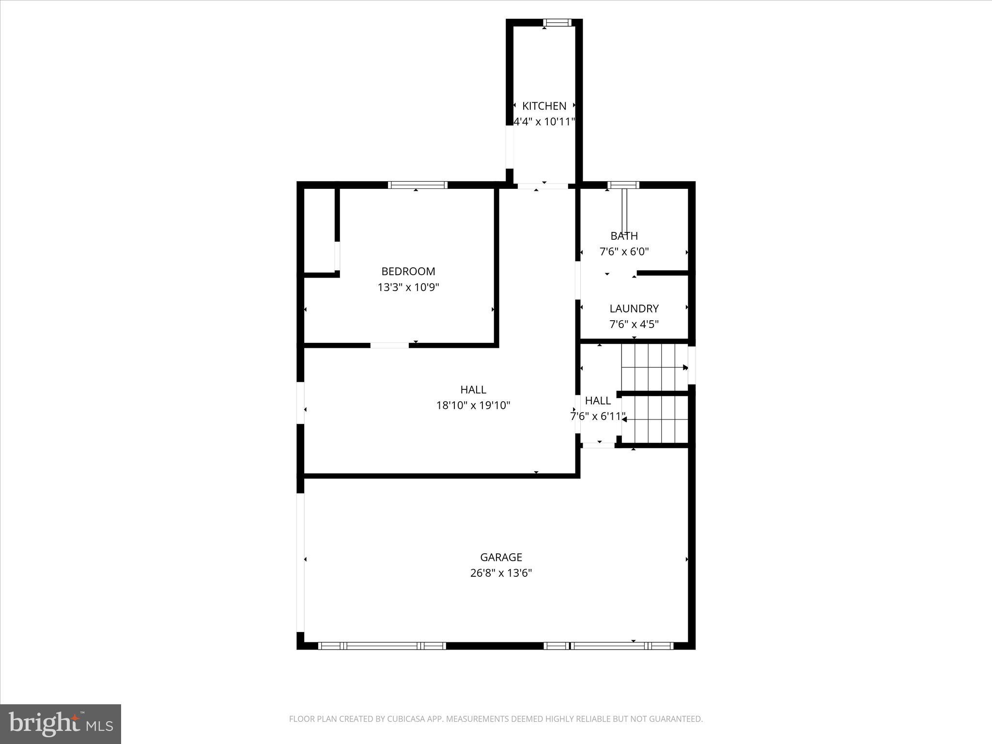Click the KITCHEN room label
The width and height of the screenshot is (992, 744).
pyautogui.click(x=544, y=106)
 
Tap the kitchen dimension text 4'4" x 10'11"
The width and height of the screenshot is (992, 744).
pyautogui.click(x=544, y=122)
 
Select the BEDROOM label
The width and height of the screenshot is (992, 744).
pyautogui.click(x=408, y=271)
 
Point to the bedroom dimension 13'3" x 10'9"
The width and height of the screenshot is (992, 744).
pyautogui.click(x=408, y=287)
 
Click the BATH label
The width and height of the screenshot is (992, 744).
pyautogui.click(x=624, y=236)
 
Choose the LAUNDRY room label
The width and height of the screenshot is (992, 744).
pyautogui.click(x=634, y=309)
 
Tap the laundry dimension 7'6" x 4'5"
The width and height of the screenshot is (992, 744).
pyautogui.click(x=634, y=324)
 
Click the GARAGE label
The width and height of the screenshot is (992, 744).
pyautogui.click(x=501, y=557)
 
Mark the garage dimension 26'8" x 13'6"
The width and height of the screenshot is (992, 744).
pyautogui.click(x=501, y=573)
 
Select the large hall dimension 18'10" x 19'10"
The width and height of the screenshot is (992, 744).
pyautogui.click(x=473, y=405)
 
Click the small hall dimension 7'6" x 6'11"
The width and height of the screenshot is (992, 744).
pyautogui.click(x=598, y=417)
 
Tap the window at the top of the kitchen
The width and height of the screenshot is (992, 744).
pyautogui.click(x=557, y=22)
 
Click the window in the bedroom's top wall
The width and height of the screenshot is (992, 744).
pyautogui.click(x=417, y=185)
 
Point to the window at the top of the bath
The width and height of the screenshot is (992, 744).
pyautogui.click(x=623, y=185)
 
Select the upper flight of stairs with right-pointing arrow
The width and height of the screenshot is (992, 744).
pyautogui.click(x=654, y=367)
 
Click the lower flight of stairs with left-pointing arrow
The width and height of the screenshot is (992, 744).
pyautogui.click(x=654, y=419)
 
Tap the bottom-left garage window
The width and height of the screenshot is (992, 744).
pyautogui.click(x=382, y=646)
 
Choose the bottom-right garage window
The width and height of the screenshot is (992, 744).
pyautogui.click(x=608, y=646)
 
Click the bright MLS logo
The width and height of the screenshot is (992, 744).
pyautogui.click(x=61, y=724)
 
